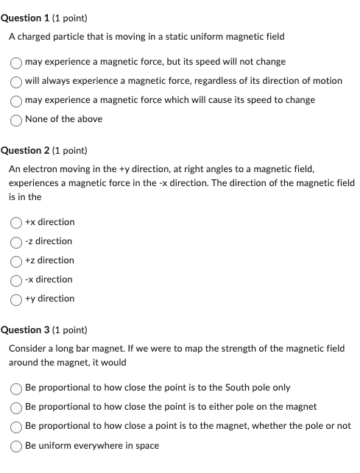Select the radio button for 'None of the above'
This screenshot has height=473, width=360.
tap(16, 119)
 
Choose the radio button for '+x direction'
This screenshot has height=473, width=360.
tap(16, 222)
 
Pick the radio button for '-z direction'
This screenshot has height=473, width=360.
tap(16, 241)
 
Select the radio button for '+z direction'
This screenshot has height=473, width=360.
tap(16, 260)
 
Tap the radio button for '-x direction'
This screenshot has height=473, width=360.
tap(16, 280)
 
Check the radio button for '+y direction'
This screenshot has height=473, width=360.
tap(16, 299)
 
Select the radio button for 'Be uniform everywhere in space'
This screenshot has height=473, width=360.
tap(16, 446)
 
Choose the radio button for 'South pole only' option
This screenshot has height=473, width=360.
tap(16, 388)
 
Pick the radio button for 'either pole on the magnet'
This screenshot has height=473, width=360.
tap(16, 407)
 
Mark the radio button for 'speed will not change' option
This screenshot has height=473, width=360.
tap(16, 62)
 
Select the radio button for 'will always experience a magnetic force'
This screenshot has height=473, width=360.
tap(16, 81)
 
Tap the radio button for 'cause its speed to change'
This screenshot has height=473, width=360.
tap(16, 100)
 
